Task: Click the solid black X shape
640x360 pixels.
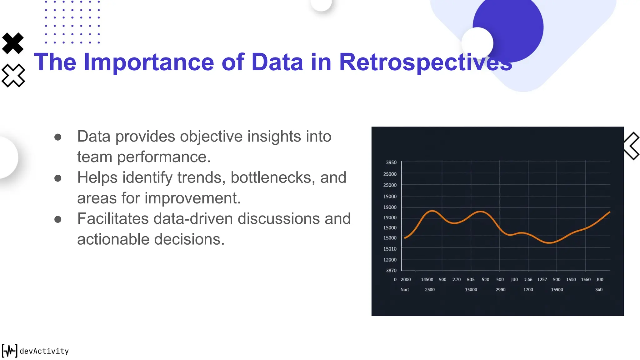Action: coord(13,43)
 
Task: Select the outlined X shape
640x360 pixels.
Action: coord(13,75)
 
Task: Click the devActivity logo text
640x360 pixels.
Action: coord(44,351)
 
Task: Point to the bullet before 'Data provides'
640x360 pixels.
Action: coord(58,137)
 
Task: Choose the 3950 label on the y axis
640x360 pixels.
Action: coord(391,162)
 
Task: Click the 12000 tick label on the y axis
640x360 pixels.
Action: coord(390,260)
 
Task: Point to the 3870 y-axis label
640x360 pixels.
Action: coord(391,271)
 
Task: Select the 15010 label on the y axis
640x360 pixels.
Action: coord(390,249)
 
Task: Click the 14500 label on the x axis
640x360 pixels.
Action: coord(427,280)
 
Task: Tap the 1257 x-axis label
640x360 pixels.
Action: coord(542,280)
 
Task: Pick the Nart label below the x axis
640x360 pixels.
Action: coord(405,290)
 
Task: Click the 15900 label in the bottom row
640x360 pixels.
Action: coord(557,290)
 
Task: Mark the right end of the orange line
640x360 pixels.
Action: coord(609,212)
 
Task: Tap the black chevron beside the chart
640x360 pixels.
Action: coord(631,146)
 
